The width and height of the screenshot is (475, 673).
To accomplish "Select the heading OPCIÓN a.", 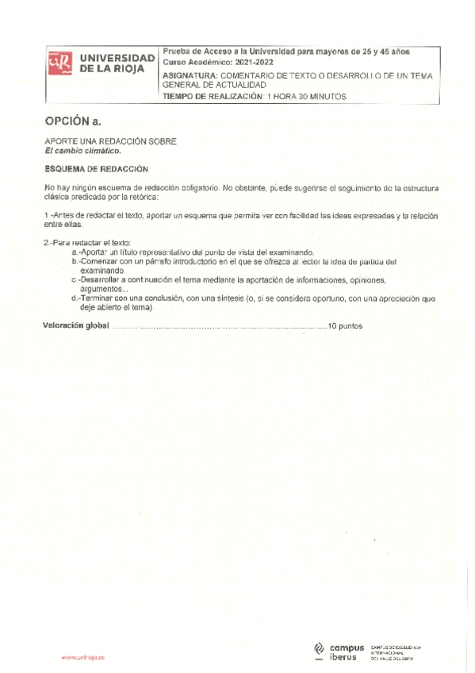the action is [73, 121].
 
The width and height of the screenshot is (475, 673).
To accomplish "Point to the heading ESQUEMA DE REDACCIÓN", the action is [96, 168].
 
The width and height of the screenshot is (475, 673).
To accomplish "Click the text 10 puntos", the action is [345, 326].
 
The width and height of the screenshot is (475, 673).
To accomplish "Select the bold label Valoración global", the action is [75, 326].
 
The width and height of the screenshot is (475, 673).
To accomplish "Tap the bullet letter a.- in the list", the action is [75, 252].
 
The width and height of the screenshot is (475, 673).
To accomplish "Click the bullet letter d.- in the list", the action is [75, 298].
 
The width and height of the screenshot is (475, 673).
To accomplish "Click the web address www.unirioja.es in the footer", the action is [82, 658].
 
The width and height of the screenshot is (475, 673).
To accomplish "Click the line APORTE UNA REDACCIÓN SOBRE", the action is [110, 140].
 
